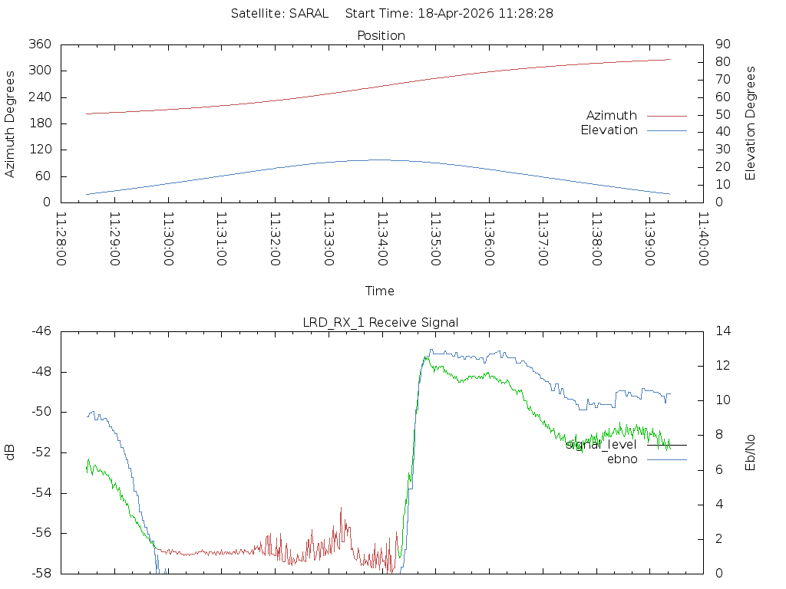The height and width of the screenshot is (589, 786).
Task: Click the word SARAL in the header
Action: pyautogui.click(x=309, y=13)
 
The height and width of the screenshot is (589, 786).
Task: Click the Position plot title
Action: pyautogui.click(x=381, y=35)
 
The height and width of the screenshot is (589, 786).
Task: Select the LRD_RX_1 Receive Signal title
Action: pyautogui.click(x=381, y=322)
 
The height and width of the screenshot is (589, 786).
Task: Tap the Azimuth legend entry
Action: pyautogui.click(x=612, y=115)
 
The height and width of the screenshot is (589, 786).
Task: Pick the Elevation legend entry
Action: pyautogui.click(x=609, y=130)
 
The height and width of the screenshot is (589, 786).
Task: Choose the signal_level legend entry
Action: pyautogui.click(x=601, y=444)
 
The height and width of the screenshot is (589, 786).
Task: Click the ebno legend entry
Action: pyautogui.click(x=622, y=459)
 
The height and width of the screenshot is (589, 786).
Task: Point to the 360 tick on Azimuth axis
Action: pyautogui.click(x=40, y=44)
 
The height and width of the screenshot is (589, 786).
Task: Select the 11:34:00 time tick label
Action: pyautogui.click(x=381, y=239)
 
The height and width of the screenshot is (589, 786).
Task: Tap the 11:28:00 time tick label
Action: pyautogui.click(x=61, y=239)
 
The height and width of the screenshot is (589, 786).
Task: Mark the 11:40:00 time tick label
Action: pyautogui.click(x=702, y=239)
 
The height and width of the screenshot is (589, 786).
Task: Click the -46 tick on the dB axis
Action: pyautogui.click(x=41, y=331)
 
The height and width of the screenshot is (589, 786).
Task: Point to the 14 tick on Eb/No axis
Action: pyautogui.click(x=722, y=331)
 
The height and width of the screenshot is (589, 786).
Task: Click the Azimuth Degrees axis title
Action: pyautogui.click(x=11, y=123)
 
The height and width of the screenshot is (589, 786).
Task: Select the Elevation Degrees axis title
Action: pyautogui.click(x=751, y=123)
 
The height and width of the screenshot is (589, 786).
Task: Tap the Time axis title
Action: pyautogui.click(x=380, y=291)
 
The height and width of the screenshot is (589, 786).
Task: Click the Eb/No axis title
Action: pyautogui.click(x=751, y=452)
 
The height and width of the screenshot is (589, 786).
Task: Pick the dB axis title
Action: pyautogui.click(x=11, y=452)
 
